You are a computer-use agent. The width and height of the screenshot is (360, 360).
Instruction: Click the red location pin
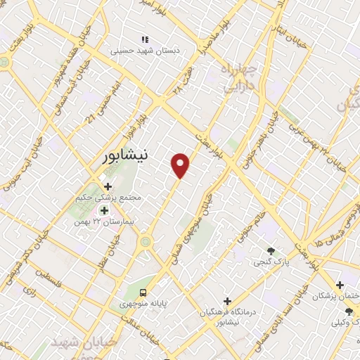pos(181,165)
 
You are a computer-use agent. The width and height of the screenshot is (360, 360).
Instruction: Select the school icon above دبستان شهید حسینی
pos(145,39)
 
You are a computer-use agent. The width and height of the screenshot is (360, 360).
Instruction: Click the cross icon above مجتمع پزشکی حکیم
pos(108,186)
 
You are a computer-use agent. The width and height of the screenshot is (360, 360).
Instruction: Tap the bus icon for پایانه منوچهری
pos(143,292)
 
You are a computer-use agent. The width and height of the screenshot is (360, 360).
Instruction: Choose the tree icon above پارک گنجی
pos(271,251)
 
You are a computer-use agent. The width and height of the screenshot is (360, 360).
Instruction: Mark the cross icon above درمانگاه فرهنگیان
pos(226,300)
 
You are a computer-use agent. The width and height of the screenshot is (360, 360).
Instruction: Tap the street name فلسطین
pos(48,281)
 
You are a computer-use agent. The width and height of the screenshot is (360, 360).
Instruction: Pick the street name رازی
pos(30,289)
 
